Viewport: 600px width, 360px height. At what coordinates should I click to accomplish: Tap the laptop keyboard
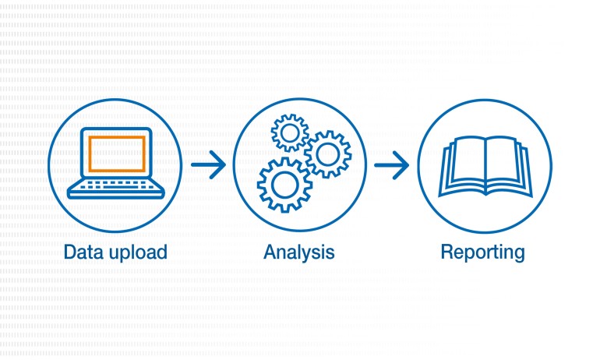[x=115, y=185]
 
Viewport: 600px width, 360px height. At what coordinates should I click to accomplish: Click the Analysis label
[x=299, y=252]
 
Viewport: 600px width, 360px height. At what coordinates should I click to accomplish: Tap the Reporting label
[x=482, y=253]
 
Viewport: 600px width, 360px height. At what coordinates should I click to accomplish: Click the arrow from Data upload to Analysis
[x=208, y=165]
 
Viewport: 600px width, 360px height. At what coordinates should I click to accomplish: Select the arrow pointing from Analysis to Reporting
[x=391, y=165]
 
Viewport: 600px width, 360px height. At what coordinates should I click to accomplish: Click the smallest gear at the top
[x=290, y=133]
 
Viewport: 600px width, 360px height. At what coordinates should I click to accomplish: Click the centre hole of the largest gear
[x=284, y=185]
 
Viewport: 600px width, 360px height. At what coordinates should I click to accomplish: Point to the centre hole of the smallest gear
[x=290, y=133]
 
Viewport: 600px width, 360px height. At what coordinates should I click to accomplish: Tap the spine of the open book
[x=485, y=165]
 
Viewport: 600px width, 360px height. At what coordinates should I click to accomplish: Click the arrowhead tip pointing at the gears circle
[x=225, y=165]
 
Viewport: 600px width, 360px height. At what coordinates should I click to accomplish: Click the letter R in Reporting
[x=447, y=252]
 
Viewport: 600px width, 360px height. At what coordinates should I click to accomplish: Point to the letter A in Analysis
[x=270, y=252]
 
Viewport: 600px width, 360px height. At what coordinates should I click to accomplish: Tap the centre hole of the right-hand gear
[x=328, y=154]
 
